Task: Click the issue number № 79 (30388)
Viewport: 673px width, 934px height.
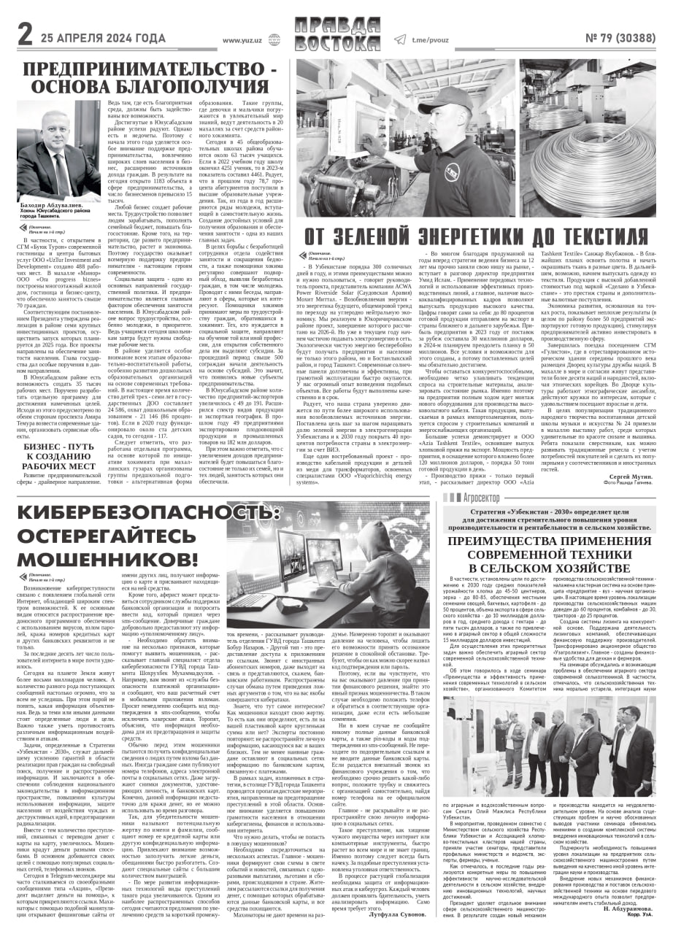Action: pyautogui.click(x=620, y=39)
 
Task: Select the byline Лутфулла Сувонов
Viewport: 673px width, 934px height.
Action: pyautogui.click(x=396, y=913)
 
